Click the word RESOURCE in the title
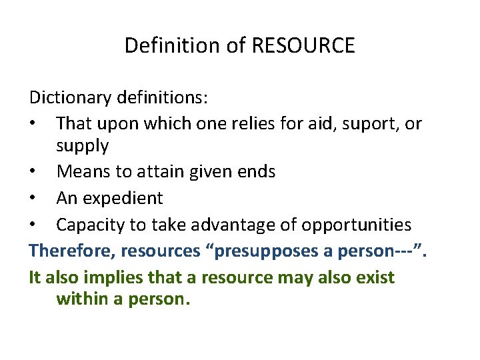point(303,46)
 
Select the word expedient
point(123,198)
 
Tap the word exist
point(375,277)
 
